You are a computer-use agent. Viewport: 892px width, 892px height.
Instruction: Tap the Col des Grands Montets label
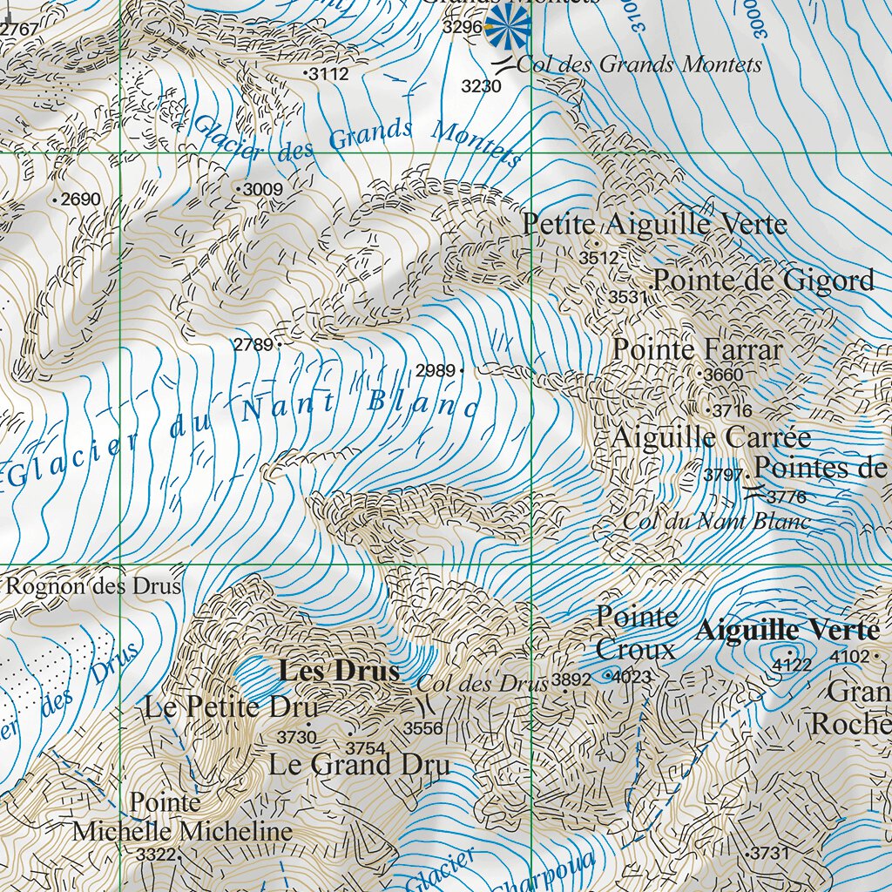pos(639,64)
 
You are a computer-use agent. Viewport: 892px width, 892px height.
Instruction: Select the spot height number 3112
pos(329,75)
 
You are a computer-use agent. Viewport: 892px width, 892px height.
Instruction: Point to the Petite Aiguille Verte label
pos(654,224)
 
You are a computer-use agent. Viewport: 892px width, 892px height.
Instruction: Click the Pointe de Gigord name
pos(763,280)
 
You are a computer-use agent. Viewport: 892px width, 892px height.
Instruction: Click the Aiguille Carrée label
pos(711,436)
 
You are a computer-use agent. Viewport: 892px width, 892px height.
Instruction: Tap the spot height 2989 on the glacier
pos(436,371)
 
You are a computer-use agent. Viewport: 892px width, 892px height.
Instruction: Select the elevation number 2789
pos(253,345)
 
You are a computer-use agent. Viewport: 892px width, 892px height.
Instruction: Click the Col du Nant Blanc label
pos(716,522)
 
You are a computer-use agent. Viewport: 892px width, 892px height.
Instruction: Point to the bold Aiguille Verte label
pos(787,629)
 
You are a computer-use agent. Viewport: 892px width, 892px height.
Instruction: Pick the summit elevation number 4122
pos(792,666)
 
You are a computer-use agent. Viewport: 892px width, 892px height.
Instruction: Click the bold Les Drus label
pos(339,672)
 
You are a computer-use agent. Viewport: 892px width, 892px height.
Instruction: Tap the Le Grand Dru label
pos(359,765)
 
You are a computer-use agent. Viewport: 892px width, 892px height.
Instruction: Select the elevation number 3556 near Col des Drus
pos(422,728)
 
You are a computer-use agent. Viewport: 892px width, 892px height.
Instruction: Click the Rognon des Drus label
pos(94,586)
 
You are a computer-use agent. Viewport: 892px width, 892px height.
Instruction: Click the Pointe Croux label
pos(637,633)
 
